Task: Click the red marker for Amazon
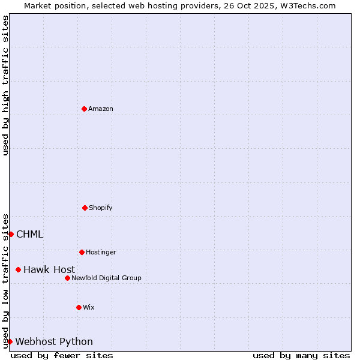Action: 84,109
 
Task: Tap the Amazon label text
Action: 101,109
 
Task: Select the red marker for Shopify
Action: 85,208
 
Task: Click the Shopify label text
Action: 101,208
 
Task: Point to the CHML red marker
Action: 11,234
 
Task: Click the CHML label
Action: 30,235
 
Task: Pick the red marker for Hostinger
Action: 82,252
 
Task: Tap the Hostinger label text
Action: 101,253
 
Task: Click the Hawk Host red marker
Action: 18,269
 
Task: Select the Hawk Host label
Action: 49,270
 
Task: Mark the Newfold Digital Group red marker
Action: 67,278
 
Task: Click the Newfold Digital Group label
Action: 106,278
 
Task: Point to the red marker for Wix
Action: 79,307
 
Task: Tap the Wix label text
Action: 89,308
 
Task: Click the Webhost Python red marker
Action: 10,341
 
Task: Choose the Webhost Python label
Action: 54,342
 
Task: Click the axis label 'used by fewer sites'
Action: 62,355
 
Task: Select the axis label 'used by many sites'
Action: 301,355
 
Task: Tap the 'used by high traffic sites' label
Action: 5,85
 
